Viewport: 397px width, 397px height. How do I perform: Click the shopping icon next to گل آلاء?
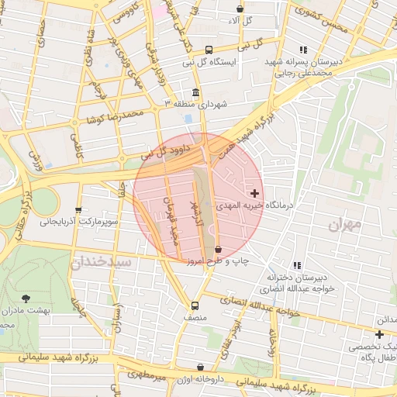[x=239, y=9]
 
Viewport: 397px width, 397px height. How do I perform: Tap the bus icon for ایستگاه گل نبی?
[x=198, y=50]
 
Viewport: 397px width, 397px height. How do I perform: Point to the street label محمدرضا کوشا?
[x=116, y=116]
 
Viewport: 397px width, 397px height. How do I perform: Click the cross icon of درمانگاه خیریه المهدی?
[x=254, y=192]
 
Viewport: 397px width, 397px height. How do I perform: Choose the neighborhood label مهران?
[x=345, y=226]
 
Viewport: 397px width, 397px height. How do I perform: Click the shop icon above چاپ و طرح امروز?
[x=218, y=249]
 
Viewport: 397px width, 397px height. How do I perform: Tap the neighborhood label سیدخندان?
[x=102, y=263]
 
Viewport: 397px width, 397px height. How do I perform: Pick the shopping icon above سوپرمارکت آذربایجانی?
[x=78, y=210]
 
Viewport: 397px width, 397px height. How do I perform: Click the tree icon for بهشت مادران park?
[x=27, y=298]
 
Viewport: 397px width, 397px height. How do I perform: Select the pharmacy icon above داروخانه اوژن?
[x=201, y=367]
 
